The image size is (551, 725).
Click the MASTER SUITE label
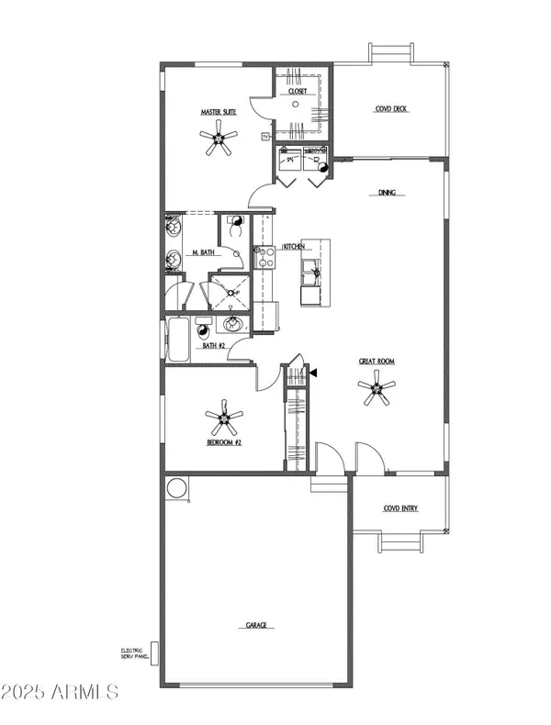[218, 113]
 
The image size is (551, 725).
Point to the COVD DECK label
[392, 109]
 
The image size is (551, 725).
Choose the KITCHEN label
[294, 248]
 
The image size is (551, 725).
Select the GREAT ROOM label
[377, 362]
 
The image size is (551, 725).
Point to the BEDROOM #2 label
[223, 442]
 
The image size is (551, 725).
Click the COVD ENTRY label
[400, 507]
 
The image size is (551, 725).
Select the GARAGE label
[255, 625]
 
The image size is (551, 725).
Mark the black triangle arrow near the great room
[314, 374]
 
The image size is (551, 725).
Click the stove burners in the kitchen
[265, 257]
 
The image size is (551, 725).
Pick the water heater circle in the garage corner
[176, 488]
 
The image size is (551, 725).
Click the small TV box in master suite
[266, 136]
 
